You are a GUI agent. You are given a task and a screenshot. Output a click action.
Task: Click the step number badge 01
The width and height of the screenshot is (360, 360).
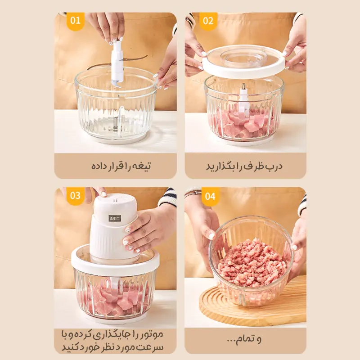[x=76, y=21]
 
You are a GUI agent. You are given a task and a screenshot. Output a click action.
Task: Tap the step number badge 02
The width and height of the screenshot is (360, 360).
[x=208, y=21]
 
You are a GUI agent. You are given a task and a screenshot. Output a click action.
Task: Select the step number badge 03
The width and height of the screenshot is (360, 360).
[x=76, y=196]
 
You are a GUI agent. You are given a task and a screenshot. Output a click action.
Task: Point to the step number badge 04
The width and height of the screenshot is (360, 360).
[x=210, y=196]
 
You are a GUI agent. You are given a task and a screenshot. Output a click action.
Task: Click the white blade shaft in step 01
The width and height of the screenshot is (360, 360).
[x=117, y=63]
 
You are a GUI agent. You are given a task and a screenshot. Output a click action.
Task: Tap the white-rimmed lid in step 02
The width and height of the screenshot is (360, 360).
[x=244, y=61]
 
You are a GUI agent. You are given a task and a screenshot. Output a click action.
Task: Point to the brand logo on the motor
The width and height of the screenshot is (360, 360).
[x=115, y=218]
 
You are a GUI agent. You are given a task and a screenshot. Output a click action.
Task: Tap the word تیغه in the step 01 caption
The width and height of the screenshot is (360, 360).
[x=141, y=166]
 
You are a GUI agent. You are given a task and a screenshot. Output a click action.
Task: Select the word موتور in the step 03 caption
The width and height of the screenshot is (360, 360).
[x=151, y=334]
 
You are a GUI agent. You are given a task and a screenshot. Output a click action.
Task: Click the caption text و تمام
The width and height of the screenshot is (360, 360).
[x=244, y=339]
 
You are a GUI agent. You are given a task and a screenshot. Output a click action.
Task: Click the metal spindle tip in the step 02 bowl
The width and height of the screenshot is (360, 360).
[x=243, y=87]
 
